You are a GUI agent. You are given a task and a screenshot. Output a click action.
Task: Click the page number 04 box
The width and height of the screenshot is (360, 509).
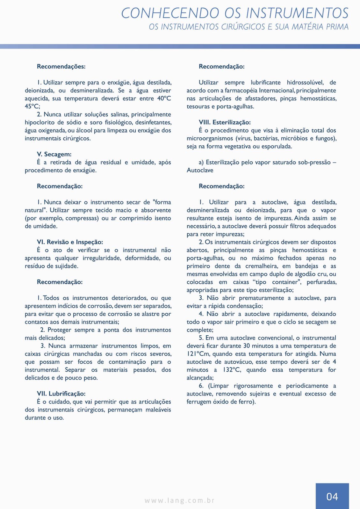click(332, 496)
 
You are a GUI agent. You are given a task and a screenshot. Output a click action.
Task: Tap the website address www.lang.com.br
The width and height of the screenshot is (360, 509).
click(180, 500)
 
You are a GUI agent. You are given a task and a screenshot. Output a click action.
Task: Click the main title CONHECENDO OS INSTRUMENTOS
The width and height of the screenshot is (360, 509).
click(235, 13)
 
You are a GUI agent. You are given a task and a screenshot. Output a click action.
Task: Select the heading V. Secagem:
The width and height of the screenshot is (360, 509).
click(54, 154)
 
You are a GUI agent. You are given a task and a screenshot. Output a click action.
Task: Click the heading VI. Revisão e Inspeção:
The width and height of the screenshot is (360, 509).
click(70, 242)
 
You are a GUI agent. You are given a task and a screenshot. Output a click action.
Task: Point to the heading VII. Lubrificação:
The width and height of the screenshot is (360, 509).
click(61, 394)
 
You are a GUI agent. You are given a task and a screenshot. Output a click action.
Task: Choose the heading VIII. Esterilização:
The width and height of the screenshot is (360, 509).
click(225, 122)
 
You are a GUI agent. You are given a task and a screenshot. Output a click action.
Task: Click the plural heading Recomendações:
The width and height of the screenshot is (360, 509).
click(61, 66)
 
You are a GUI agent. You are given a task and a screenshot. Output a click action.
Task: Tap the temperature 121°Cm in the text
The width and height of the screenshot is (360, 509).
click(198, 354)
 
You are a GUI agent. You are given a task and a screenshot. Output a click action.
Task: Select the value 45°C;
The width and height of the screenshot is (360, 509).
click(32, 106)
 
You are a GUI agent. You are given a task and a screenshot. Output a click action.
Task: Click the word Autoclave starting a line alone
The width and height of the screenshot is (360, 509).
click(200, 170)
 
